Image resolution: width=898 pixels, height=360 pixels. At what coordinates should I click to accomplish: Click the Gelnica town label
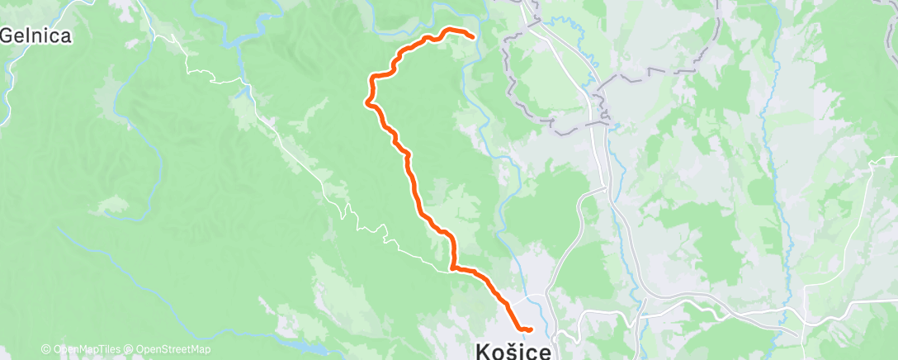click(x=35, y=36)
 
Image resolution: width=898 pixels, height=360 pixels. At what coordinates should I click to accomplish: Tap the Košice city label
click(x=517, y=350)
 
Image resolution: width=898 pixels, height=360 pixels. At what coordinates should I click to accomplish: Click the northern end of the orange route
click(x=472, y=36)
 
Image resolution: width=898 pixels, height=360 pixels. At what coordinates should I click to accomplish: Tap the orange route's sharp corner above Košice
click(x=452, y=268)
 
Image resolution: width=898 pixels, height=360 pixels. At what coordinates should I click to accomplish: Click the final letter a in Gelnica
click(x=65, y=36)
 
